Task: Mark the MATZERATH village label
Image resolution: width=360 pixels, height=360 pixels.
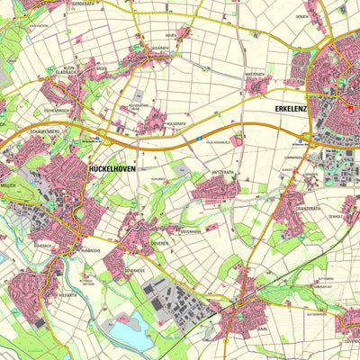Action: pos(257,74)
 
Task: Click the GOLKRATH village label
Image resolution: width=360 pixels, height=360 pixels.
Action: pos(160,47)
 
